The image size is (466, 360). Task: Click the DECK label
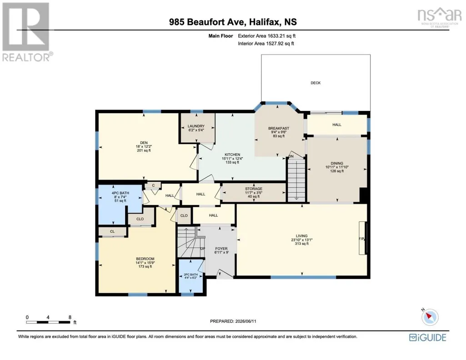[x=316, y=83]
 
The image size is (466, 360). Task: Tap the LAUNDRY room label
[x=196, y=126]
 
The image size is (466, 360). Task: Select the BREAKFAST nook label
[x=279, y=128]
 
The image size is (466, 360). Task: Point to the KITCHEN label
[x=232, y=155]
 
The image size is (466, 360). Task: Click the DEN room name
[x=144, y=143]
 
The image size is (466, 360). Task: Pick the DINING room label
[x=337, y=163]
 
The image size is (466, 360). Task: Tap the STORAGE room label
[x=254, y=189]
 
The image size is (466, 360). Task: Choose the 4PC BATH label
[x=120, y=193]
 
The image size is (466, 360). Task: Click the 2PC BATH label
[x=190, y=275]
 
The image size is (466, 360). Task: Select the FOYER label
[x=221, y=249]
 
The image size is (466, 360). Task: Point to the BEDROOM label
[x=145, y=259]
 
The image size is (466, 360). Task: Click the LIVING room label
[x=301, y=236]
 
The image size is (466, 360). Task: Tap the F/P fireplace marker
[x=361, y=239]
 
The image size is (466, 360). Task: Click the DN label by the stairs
[x=291, y=156]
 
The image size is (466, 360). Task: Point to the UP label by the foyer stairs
[x=203, y=249]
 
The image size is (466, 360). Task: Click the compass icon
[x=430, y=317]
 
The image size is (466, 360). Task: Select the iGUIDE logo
[x=427, y=337]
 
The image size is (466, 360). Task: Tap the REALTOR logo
[x=27, y=32]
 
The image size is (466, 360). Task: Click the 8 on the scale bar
[x=70, y=317]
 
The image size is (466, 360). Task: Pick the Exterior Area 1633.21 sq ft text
[x=266, y=36]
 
